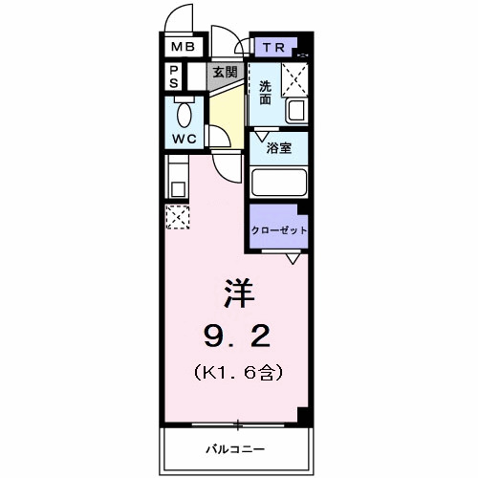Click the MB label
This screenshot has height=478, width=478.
184,47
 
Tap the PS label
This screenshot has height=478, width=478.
174,76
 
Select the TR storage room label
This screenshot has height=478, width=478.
273,48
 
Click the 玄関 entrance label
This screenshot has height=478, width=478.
226,73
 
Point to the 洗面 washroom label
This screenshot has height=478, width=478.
265,93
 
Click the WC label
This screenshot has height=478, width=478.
184,139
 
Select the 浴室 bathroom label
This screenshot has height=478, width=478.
279,148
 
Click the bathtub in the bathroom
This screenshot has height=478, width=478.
279,183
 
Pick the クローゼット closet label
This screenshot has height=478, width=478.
279,230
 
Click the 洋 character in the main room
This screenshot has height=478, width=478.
239,293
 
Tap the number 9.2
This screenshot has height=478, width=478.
237,337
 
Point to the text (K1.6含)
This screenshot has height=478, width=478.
238,373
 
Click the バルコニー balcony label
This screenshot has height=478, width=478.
235,449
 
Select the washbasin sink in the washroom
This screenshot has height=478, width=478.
296,111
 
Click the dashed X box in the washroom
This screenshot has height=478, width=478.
294,79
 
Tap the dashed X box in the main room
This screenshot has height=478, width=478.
178,217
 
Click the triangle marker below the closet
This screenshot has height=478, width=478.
293,259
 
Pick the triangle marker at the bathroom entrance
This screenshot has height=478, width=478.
263,137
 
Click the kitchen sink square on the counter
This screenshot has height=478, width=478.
178,190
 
